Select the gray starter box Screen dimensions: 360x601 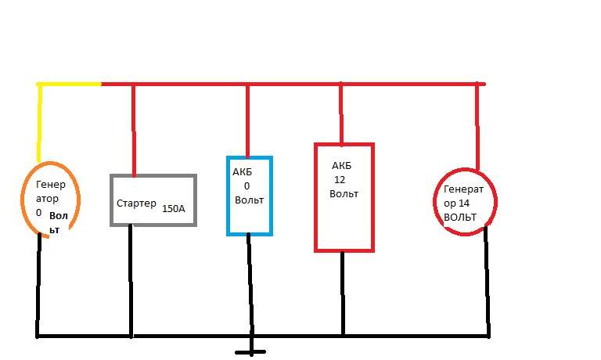pyautogui.click(x=153, y=176)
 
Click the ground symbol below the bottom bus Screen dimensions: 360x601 pyautogui.click(x=250, y=352)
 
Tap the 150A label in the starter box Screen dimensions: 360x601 pyautogui.click(x=174, y=209)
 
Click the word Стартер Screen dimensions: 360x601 pyautogui.click(x=136, y=204)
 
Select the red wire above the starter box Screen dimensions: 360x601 pyautogui.click(x=134, y=129)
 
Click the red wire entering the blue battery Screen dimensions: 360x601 pyautogui.click(x=248, y=121)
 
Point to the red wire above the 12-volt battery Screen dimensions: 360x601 pyautogui.click(x=340, y=113)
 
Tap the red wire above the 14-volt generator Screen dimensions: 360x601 pyautogui.click(x=477, y=125)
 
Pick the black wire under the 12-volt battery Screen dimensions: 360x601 pyautogui.click(x=343, y=293)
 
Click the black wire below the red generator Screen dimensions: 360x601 pyautogui.click(x=488, y=282)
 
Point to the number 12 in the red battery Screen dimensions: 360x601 pyautogui.click(x=340, y=179)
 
